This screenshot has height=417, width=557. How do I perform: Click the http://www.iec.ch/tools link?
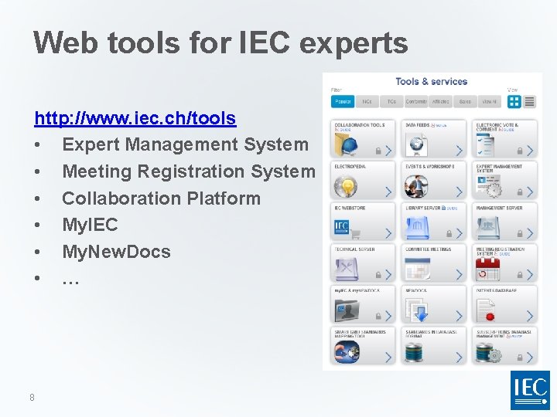coord(135,118)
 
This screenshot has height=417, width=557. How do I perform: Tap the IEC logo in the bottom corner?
coord(530,389)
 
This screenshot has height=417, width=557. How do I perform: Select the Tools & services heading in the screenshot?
coord(431,81)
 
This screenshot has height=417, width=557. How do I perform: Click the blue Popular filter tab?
coord(343,101)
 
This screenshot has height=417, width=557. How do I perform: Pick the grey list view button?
coord(532,102)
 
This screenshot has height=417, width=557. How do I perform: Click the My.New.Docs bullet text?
coord(116,252)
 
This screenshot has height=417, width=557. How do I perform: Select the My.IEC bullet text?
coord(90,225)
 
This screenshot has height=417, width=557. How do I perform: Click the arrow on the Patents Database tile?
coord(530,316)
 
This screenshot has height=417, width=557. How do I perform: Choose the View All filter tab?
coord(488,101)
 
